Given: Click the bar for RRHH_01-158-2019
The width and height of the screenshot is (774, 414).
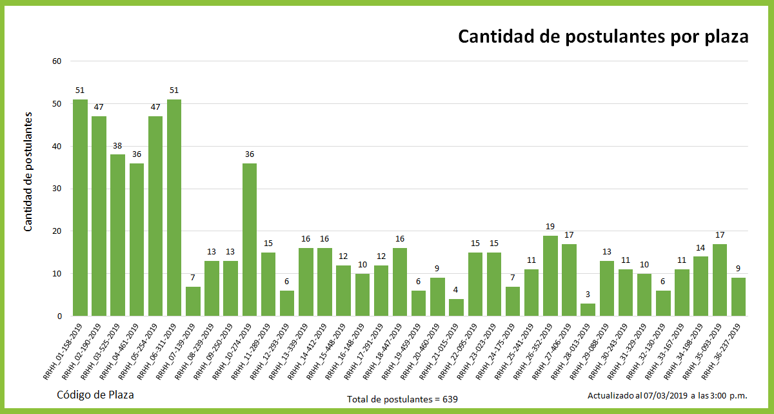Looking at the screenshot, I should tap(80, 208).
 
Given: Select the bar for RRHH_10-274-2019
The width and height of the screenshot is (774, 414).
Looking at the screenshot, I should tap(250, 240).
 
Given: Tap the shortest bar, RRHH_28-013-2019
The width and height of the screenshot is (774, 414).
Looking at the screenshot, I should tap(588, 310).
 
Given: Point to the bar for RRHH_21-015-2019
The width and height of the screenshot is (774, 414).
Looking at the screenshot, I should tap(456, 307).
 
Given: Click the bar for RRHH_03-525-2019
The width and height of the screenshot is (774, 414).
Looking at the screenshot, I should tap(117, 235).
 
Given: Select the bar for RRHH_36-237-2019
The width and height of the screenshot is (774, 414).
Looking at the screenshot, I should tap(738, 297).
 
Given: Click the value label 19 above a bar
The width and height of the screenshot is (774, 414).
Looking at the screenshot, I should tap(550, 227).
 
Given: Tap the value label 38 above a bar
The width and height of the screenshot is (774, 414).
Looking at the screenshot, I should tap(117, 146).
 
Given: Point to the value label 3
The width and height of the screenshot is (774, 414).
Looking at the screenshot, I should tap(588, 295).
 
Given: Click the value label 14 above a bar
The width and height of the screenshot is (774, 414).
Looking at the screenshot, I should tap(700, 248).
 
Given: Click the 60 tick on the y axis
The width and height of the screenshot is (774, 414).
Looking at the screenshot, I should tap(56, 61).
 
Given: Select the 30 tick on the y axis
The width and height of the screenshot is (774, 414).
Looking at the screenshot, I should tap(56, 189).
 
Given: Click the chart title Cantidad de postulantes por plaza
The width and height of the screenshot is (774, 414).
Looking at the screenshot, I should tap(603, 37).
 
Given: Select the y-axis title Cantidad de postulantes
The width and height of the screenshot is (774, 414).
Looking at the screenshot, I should tap(28, 171).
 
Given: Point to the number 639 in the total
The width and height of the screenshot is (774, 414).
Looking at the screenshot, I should tap(450, 399).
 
